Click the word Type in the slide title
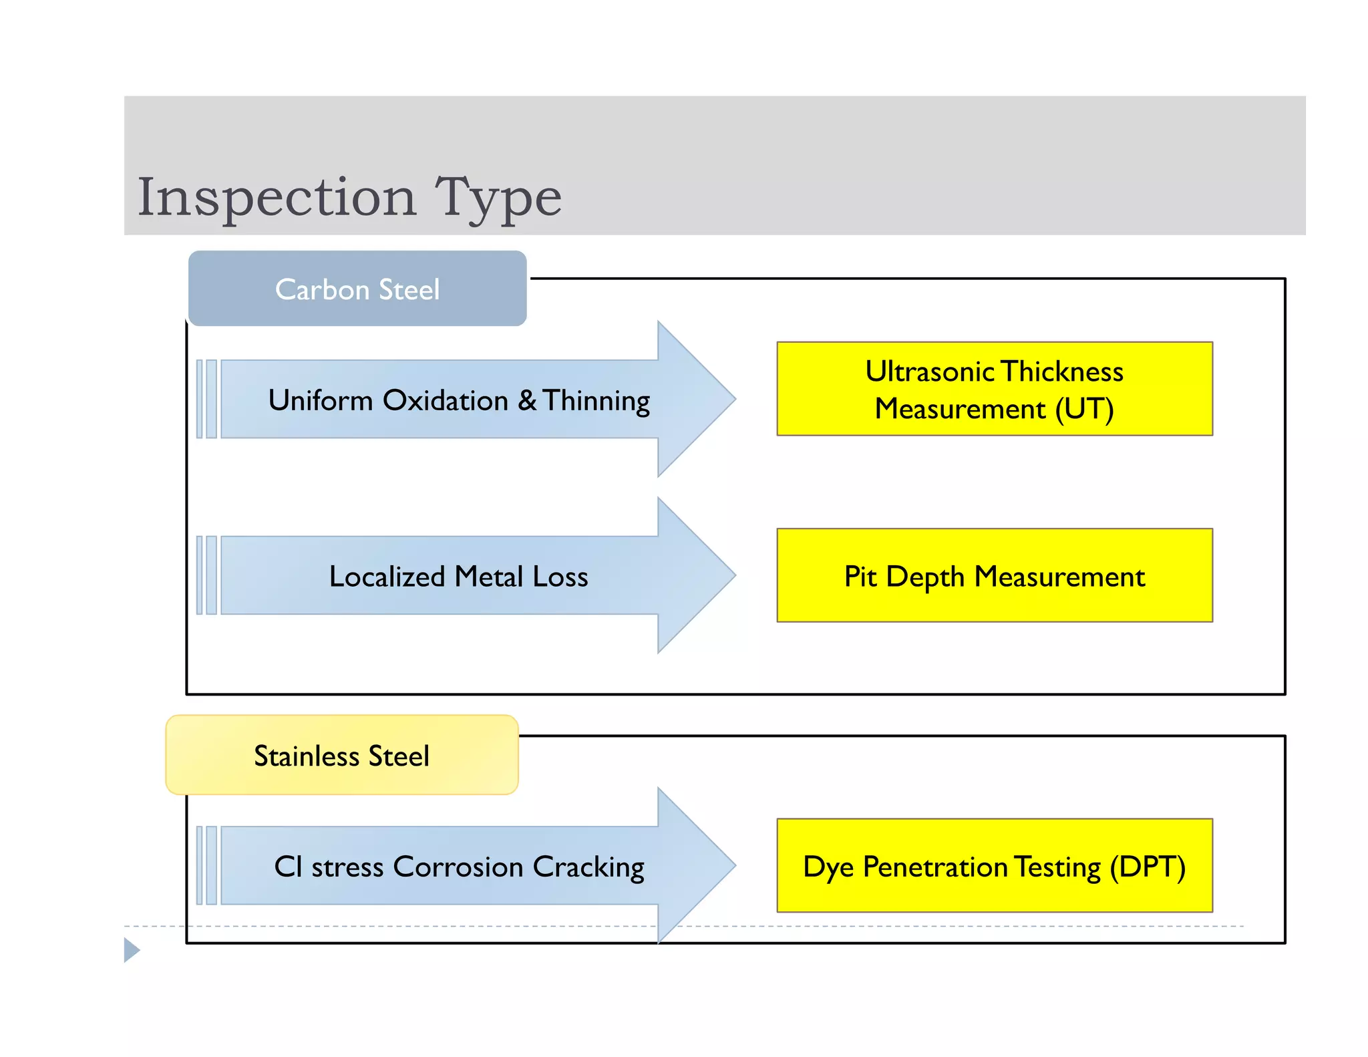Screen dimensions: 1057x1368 pos(498,198)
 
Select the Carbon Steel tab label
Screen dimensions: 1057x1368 pos(357,289)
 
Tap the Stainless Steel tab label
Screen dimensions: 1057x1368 pos(341,756)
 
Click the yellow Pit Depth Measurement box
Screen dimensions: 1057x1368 pos(994,576)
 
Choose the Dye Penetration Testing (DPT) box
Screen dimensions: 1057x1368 pos(994,866)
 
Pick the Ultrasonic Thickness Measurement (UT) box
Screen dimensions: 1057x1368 pos(994,390)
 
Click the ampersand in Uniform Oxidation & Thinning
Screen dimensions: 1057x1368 pos(527,400)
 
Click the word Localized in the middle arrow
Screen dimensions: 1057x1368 pos(387,577)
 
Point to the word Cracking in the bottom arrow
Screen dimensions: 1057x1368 pos(588,868)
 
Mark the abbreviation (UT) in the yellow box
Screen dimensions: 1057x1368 pos(1084,409)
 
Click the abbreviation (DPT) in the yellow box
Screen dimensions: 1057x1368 pos(1148,867)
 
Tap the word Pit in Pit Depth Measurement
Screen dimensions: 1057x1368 pos(860,577)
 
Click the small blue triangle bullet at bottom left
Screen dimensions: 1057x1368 pos(132,949)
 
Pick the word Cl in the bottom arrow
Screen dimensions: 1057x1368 pos(289,867)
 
